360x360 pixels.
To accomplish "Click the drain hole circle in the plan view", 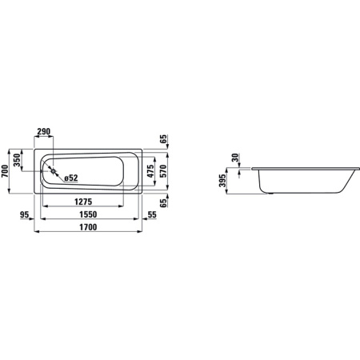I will [x=52, y=170].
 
